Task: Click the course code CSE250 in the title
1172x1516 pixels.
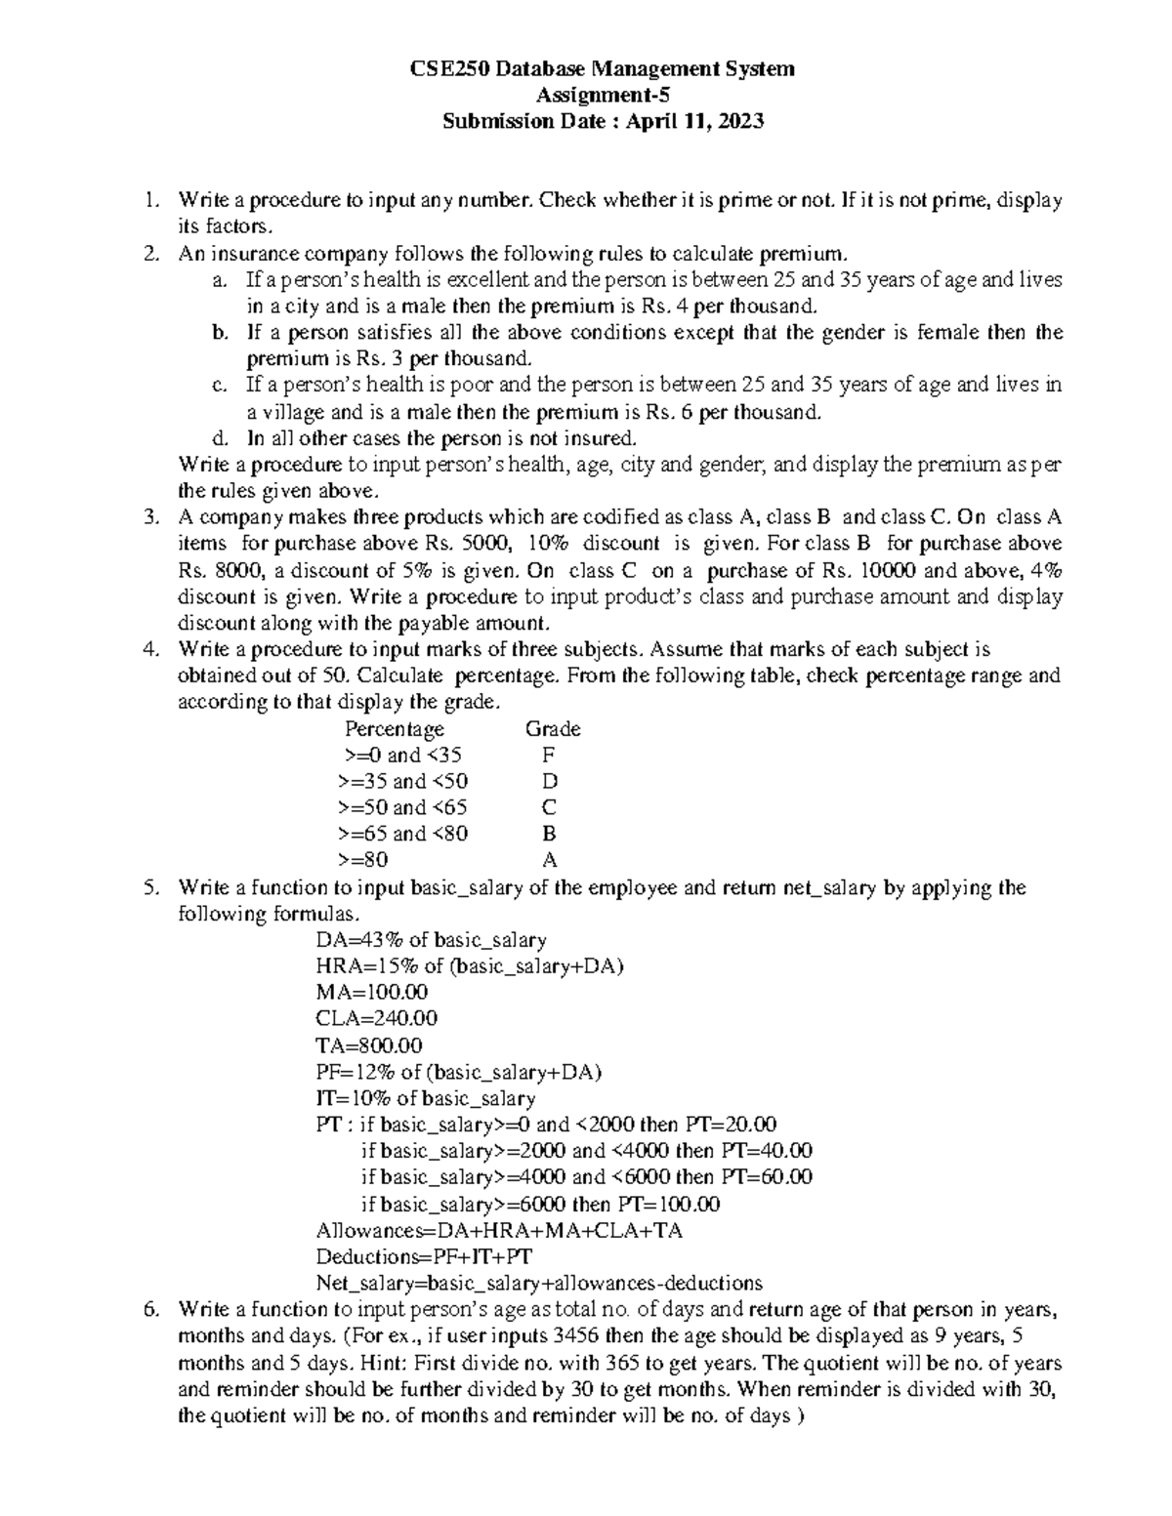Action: coord(444,69)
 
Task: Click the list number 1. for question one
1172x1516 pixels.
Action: coord(148,201)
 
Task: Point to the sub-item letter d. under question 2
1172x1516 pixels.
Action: coord(220,438)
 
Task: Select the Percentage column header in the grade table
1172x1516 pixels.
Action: coord(395,729)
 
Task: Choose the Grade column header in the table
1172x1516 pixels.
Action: coord(553,729)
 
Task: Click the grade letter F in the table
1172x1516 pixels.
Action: coord(549,756)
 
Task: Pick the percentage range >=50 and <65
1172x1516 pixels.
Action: coord(401,808)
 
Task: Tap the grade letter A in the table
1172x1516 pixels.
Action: coord(549,861)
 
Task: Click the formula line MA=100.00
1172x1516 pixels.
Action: coord(372,993)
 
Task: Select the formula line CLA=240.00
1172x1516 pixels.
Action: coord(377,1019)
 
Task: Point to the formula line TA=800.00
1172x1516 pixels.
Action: coord(369,1045)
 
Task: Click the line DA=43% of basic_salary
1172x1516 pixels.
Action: coord(431,940)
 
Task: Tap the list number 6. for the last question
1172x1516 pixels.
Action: coord(149,1310)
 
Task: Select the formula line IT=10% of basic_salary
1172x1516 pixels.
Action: coord(426,1098)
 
